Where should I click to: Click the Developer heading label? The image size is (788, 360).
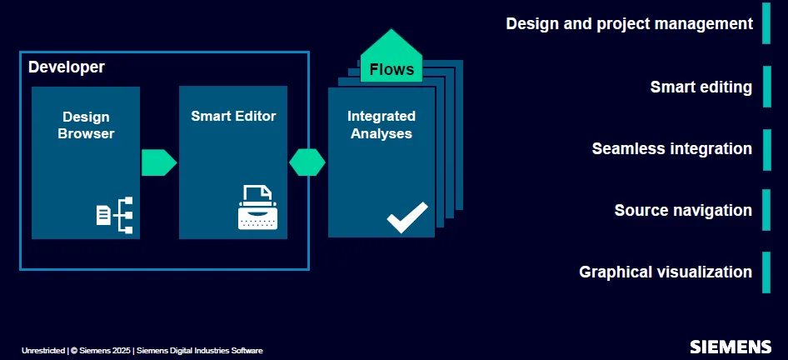tap(67, 67)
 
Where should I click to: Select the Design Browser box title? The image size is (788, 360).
tap(86, 125)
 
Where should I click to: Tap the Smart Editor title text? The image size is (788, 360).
tap(234, 116)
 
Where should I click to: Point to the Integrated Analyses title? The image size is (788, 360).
tap(382, 125)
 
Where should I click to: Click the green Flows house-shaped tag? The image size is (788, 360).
tap(392, 57)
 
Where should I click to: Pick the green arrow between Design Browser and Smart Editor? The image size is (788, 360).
tap(159, 162)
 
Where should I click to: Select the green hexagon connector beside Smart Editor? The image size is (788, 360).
tap(307, 162)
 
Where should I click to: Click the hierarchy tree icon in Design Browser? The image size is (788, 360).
tap(115, 215)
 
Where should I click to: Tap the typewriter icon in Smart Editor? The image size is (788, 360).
tap(258, 207)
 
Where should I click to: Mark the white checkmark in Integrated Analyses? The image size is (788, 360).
tap(407, 217)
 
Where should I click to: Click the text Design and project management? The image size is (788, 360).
tap(629, 23)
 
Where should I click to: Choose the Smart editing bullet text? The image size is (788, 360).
tap(701, 87)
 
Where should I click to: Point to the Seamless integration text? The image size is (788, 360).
tap(672, 149)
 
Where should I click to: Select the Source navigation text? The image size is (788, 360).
tap(684, 210)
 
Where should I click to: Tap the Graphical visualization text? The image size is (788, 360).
tap(666, 272)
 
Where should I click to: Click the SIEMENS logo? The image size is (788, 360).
tap(731, 347)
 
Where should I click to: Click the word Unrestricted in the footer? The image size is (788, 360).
tap(43, 351)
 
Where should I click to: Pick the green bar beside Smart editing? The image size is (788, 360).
tap(766, 87)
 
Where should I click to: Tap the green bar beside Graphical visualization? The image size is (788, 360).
tap(766, 272)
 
